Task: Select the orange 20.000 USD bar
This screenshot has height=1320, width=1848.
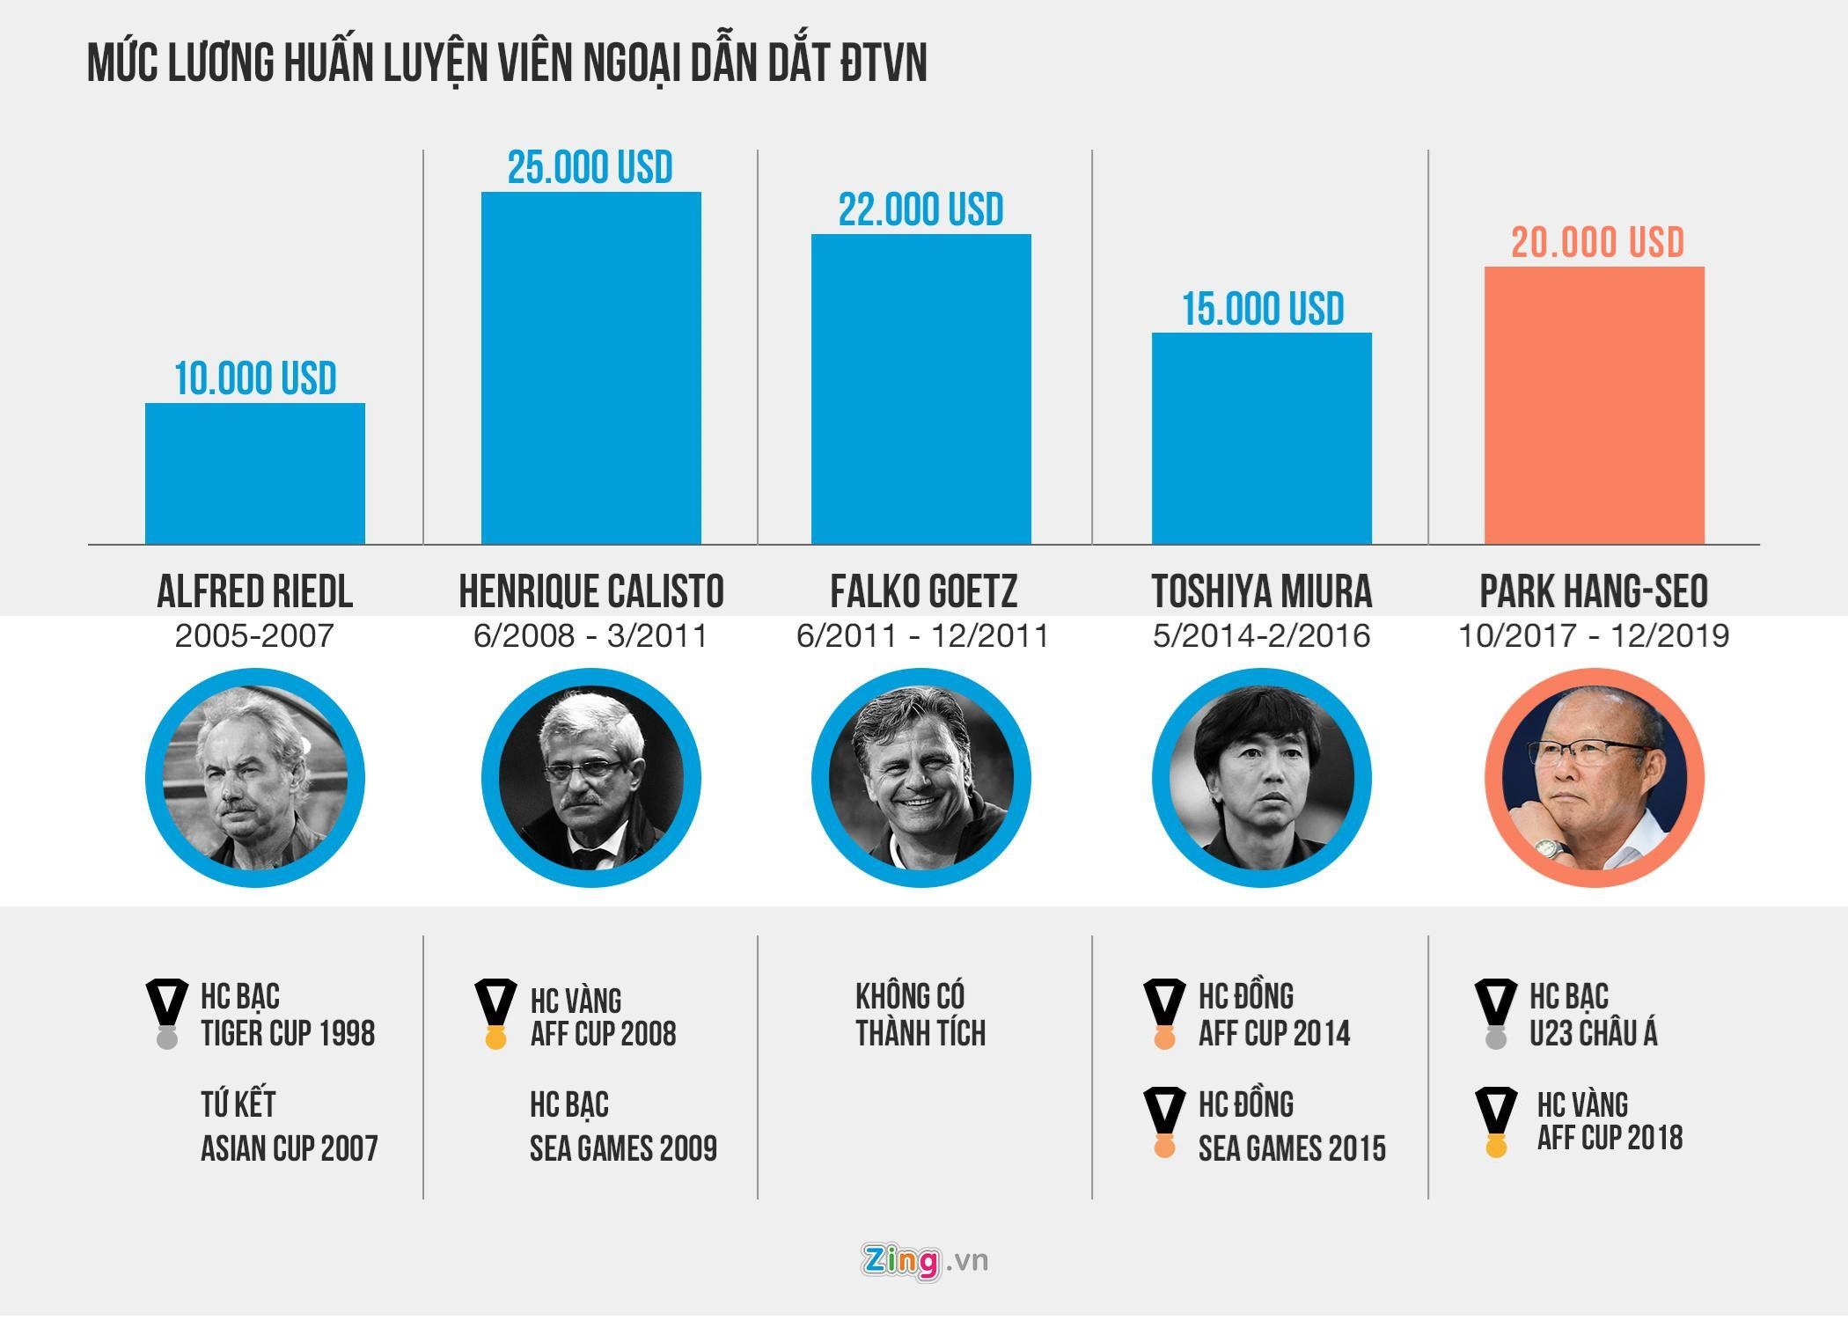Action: [x=1594, y=405]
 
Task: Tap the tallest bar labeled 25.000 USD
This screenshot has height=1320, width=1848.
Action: [x=590, y=368]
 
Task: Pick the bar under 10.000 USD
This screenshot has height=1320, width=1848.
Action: [x=254, y=473]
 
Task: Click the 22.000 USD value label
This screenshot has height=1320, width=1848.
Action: [x=920, y=209]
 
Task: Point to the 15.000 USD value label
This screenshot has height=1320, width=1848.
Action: [x=1262, y=309]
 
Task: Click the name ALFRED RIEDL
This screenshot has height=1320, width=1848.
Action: [x=254, y=591]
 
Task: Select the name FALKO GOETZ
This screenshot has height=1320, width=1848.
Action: [x=923, y=591]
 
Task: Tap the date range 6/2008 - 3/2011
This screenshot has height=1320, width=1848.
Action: [x=590, y=635]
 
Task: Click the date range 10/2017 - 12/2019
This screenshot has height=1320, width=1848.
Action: [x=1594, y=635]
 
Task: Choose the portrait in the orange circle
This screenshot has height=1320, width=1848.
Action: [x=1594, y=778]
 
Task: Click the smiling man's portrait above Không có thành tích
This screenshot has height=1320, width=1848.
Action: [x=920, y=778]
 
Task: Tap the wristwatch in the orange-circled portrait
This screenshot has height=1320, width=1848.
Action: [x=1551, y=850]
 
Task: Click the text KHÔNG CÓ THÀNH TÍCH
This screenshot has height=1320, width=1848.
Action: [x=920, y=1015]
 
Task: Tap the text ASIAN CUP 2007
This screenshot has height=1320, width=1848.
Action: [x=289, y=1148]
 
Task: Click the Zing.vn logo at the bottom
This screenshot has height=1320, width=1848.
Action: [x=924, y=1260]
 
